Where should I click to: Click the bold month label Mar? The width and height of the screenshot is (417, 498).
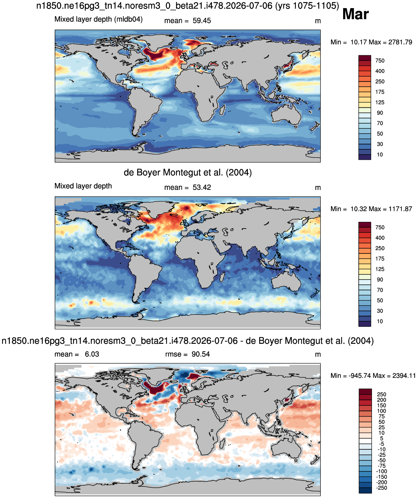355,14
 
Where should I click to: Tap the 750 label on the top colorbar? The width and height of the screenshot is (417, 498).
380,60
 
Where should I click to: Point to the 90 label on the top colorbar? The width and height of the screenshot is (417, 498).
380,113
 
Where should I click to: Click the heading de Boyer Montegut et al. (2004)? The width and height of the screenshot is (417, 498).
188,172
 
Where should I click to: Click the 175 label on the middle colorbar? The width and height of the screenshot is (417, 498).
380,259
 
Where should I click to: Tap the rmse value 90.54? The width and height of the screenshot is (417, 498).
201,354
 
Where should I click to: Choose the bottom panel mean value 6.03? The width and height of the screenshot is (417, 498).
92,354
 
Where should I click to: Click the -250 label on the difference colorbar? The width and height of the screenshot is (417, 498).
382,488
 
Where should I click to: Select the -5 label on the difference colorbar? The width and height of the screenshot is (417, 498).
382,444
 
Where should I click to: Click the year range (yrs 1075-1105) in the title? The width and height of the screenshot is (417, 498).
307,6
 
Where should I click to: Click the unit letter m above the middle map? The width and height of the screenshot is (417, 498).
318,188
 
